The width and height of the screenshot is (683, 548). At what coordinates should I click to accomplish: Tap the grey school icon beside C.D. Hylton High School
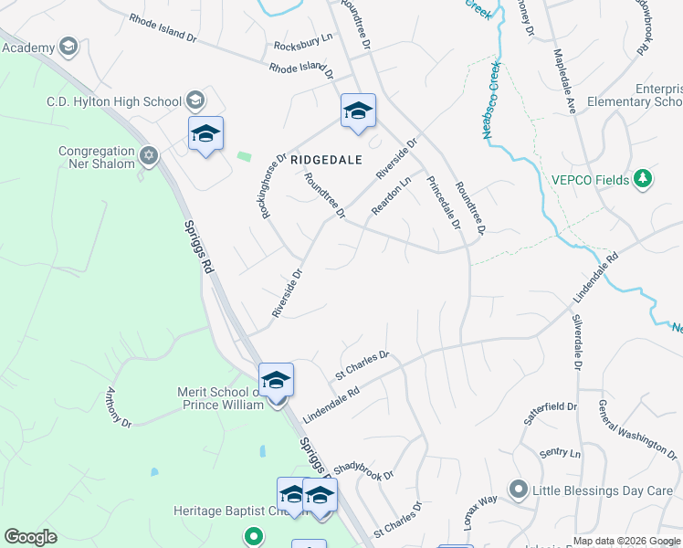[x=194, y=100]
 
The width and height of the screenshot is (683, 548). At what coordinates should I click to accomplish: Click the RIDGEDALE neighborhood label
[x=327, y=160]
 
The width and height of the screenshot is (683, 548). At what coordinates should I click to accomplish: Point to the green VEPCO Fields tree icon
[x=644, y=179]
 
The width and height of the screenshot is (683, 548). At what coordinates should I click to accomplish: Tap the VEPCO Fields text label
[x=589, y=180]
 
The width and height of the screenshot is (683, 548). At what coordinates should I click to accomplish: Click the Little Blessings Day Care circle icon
[x=519, y=490]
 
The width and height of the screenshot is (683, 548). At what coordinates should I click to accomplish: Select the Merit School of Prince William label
[x=220, y=398]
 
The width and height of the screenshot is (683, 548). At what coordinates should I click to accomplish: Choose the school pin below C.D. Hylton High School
[x=205, y=135]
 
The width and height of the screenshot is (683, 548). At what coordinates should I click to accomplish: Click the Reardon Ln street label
[x=392, y=195]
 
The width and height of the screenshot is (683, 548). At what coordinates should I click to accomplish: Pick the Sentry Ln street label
[x=560, y=453]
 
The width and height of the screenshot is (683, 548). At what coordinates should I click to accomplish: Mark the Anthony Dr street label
[x=119, y=407]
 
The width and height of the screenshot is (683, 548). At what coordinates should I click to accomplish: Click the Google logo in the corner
[x=30, y=537]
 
